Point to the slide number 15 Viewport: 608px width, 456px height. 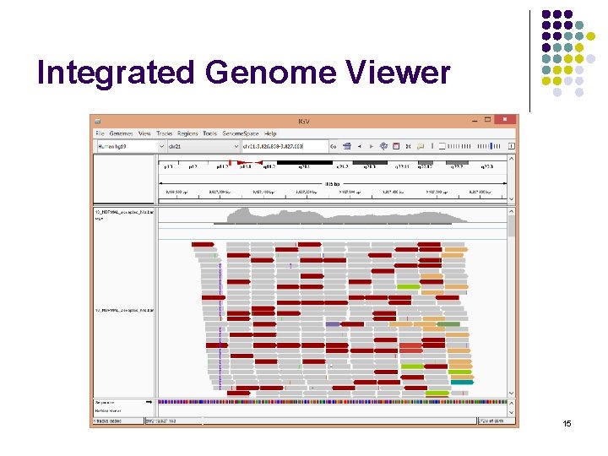(567, 422)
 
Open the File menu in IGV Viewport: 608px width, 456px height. (100, 133)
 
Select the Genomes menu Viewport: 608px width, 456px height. (121, 133)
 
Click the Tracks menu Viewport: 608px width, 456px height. (164, 133)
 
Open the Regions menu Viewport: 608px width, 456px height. (187, 133)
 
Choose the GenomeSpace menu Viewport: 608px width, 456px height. (241, 133)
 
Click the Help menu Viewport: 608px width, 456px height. (270, 133)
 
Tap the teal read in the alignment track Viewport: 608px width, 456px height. (462, 383)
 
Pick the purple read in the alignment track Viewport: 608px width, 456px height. (333, 324)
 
